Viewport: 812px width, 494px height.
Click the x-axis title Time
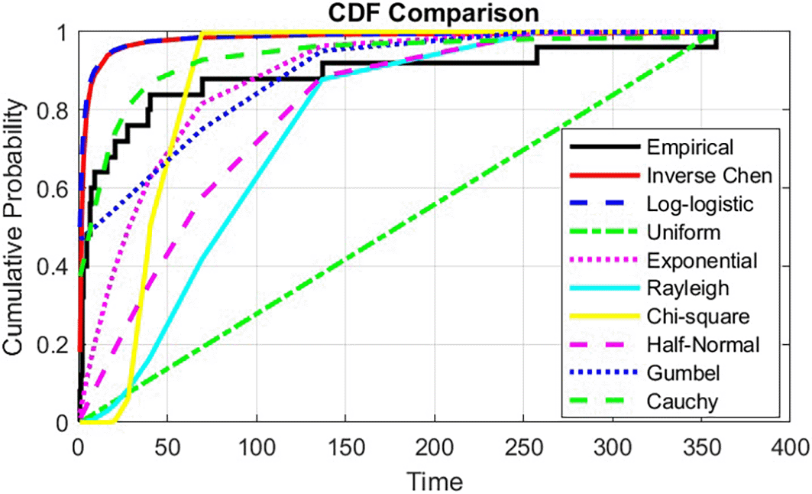[x=434, y=482]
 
